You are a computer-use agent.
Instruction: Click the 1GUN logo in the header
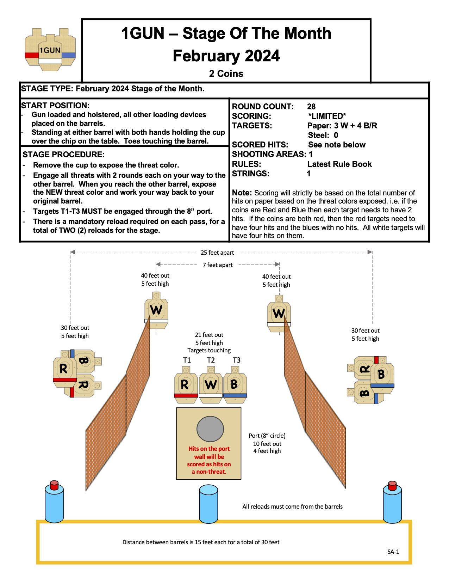click(50, 50)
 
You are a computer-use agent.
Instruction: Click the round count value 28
click(311, 107)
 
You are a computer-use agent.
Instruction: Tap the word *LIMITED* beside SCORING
click(327, 116)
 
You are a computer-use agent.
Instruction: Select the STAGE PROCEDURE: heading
click(63, 154)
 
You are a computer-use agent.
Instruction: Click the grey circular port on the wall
click(210, 429)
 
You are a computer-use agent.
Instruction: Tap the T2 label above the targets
click(211, 360)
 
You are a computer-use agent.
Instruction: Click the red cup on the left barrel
click(54, 485)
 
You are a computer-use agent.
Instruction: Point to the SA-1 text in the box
click(393, 552)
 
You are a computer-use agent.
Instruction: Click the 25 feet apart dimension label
click(217, 253)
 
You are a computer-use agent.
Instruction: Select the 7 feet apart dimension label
click(218, 265)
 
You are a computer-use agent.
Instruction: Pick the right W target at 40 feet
click(279, 313)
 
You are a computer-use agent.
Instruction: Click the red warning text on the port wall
click(209, 460)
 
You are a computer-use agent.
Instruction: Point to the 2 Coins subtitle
click(226, 74)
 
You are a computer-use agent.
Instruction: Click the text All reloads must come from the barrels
click(292, 507)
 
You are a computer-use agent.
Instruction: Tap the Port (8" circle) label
click(267, 436)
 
